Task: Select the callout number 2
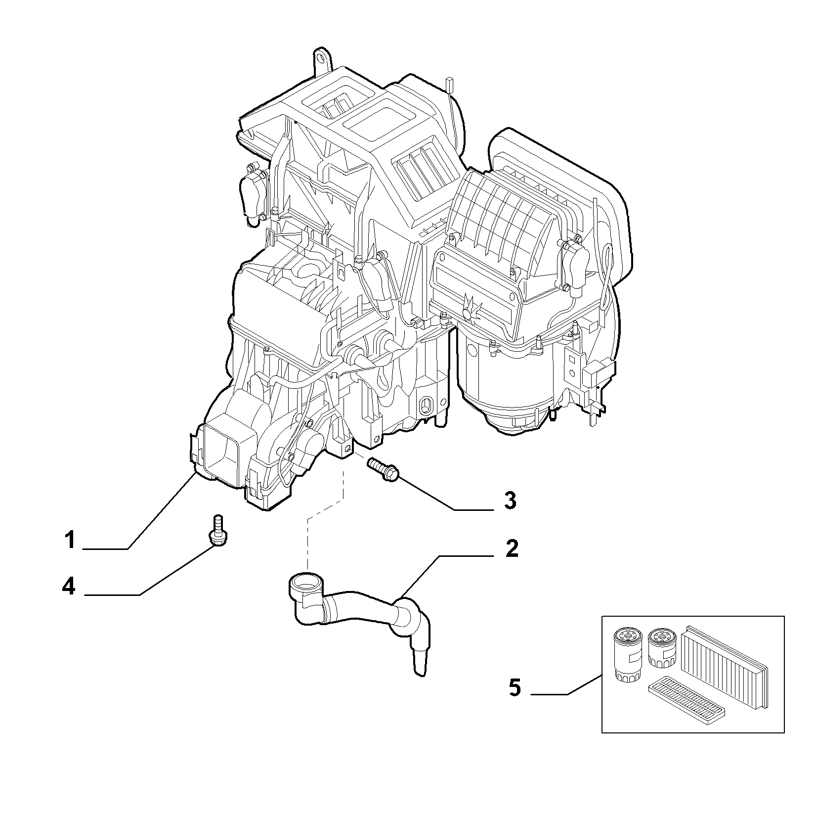click(x=512, y=549)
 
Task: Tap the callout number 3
click(x=511, y=500)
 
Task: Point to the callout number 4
click(x=69, y=587)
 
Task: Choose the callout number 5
click(x=515, y=688)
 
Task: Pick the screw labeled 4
click(x=216, y=531)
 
